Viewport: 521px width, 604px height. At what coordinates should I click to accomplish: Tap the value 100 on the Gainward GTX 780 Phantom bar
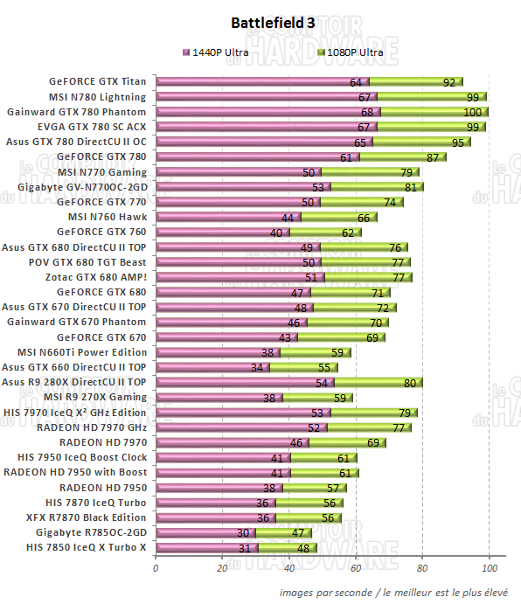coord(472,113)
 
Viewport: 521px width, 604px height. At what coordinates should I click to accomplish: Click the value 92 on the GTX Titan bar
coord(448,82)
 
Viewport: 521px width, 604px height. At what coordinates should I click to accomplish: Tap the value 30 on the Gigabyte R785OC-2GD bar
coord(243,532)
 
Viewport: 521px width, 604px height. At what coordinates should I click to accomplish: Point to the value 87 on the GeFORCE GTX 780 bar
coord(432,157)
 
